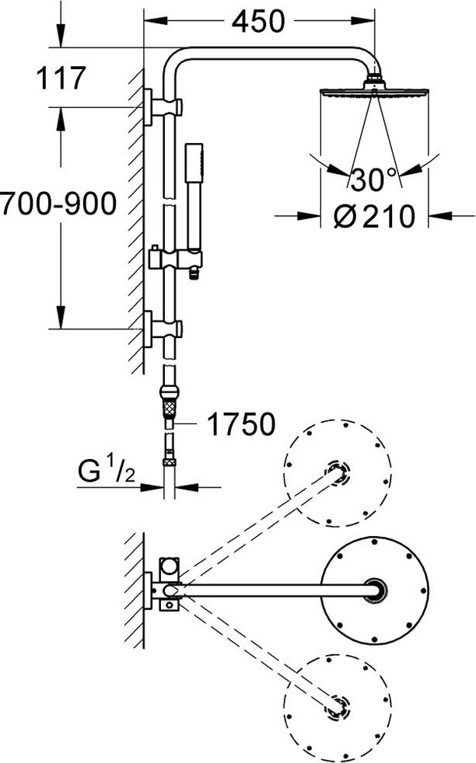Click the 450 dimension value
pos(257,21)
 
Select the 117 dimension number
pos(61,78)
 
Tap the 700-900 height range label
pos(58,204)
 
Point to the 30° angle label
pos(373,179)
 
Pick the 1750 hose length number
pos(241,423)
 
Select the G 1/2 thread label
pos(107,471)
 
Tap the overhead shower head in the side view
pos(374,87)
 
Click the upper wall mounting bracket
pos(163,107)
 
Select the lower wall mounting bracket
pos(163,329)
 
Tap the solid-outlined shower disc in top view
pos(375,590)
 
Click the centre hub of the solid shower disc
pos(376,590)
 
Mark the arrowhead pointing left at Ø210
pos(440,215)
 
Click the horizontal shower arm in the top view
pos(273,591)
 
